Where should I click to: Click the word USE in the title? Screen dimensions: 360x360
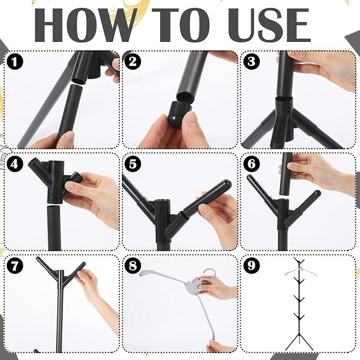pos(269,25)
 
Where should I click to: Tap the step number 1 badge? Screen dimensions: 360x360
pos(15,62)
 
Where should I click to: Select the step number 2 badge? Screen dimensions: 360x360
pos(133,62)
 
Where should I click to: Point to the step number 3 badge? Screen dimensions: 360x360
pos(252,62)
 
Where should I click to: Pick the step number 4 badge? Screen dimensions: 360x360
pos(15,164)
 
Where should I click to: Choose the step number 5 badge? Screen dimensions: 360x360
pos(133,164)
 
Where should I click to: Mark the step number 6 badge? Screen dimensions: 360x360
pos(252,164)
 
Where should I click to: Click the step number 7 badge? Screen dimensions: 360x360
pos(15,266)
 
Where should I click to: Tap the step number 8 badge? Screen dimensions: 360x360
pos(133,266)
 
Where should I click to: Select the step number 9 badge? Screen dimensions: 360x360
pos(252,266)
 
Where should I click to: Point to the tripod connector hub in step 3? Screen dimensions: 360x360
pos(284,119)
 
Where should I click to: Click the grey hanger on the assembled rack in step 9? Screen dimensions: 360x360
pos(301,271)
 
